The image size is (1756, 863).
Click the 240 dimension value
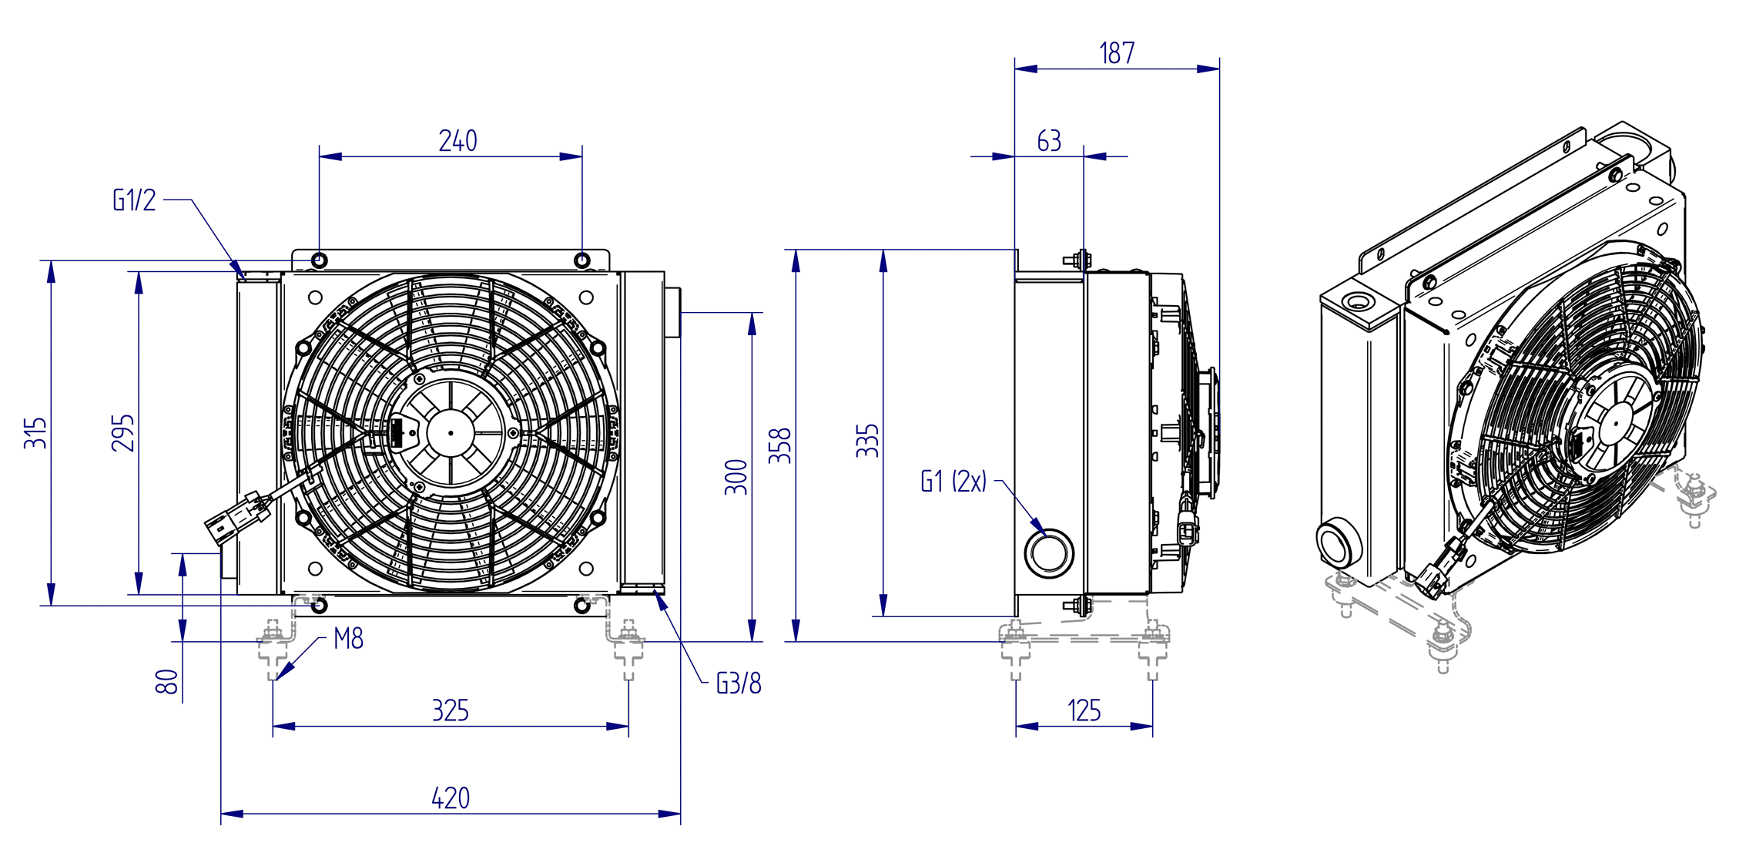[457, 141]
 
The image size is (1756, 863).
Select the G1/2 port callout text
[135, 200]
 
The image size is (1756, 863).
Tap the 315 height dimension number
[35, 433]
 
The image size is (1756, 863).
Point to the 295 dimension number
[122, 433]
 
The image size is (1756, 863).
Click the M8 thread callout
[348, 639]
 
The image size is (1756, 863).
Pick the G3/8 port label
[739, 683]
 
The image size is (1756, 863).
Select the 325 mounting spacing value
[450, 710]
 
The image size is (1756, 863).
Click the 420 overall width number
[450, 798]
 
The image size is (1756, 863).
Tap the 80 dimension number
[166, 682]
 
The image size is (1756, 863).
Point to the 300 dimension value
[736, 477]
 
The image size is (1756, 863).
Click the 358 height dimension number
[780, 446]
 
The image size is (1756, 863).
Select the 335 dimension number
[867, 441]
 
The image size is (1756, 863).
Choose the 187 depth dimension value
[1117, 53]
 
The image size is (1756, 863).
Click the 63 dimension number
[1049, 141]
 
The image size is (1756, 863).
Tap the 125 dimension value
[1084, 710]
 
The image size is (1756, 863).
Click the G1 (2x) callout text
[953, 482]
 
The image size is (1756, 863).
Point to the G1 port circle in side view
[1049, 552]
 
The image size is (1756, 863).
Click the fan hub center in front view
[451, 433]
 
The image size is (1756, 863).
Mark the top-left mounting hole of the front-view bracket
[320, 260]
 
